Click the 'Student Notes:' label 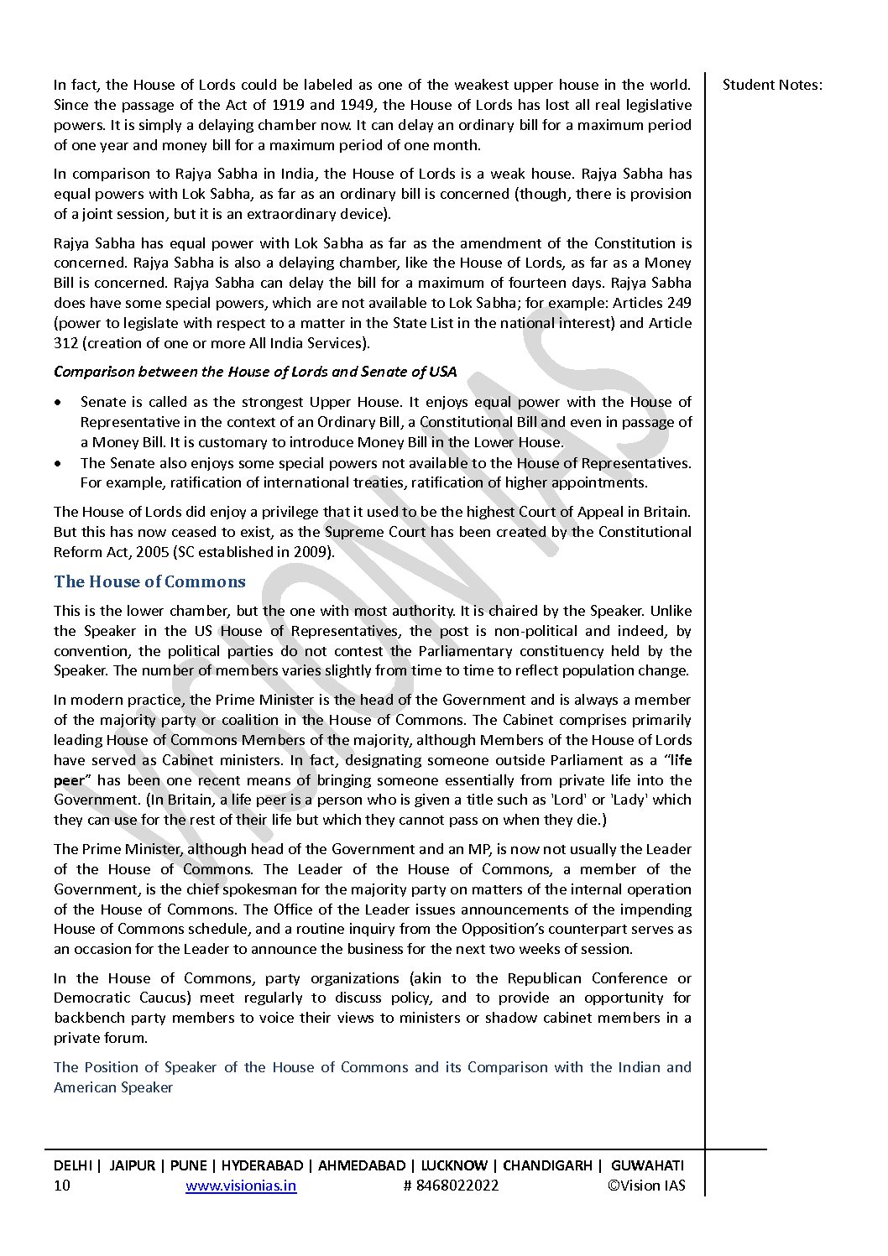(x=772, y=85)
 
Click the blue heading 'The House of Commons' (x=149, y=582)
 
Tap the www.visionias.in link (x=240, y=1186)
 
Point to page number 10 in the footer (x=62, y=1186)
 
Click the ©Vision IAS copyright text (x=646, y=1186)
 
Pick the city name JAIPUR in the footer (x=133, y=1165)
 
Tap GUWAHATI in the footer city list (x=647, y=1165)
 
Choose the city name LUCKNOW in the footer (x=454, y=1165)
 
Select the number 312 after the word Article (x=66, y=343)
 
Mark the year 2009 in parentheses (x=312, y=552)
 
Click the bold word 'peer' (x=70, y=780)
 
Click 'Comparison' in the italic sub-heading (x=94, y=372)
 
